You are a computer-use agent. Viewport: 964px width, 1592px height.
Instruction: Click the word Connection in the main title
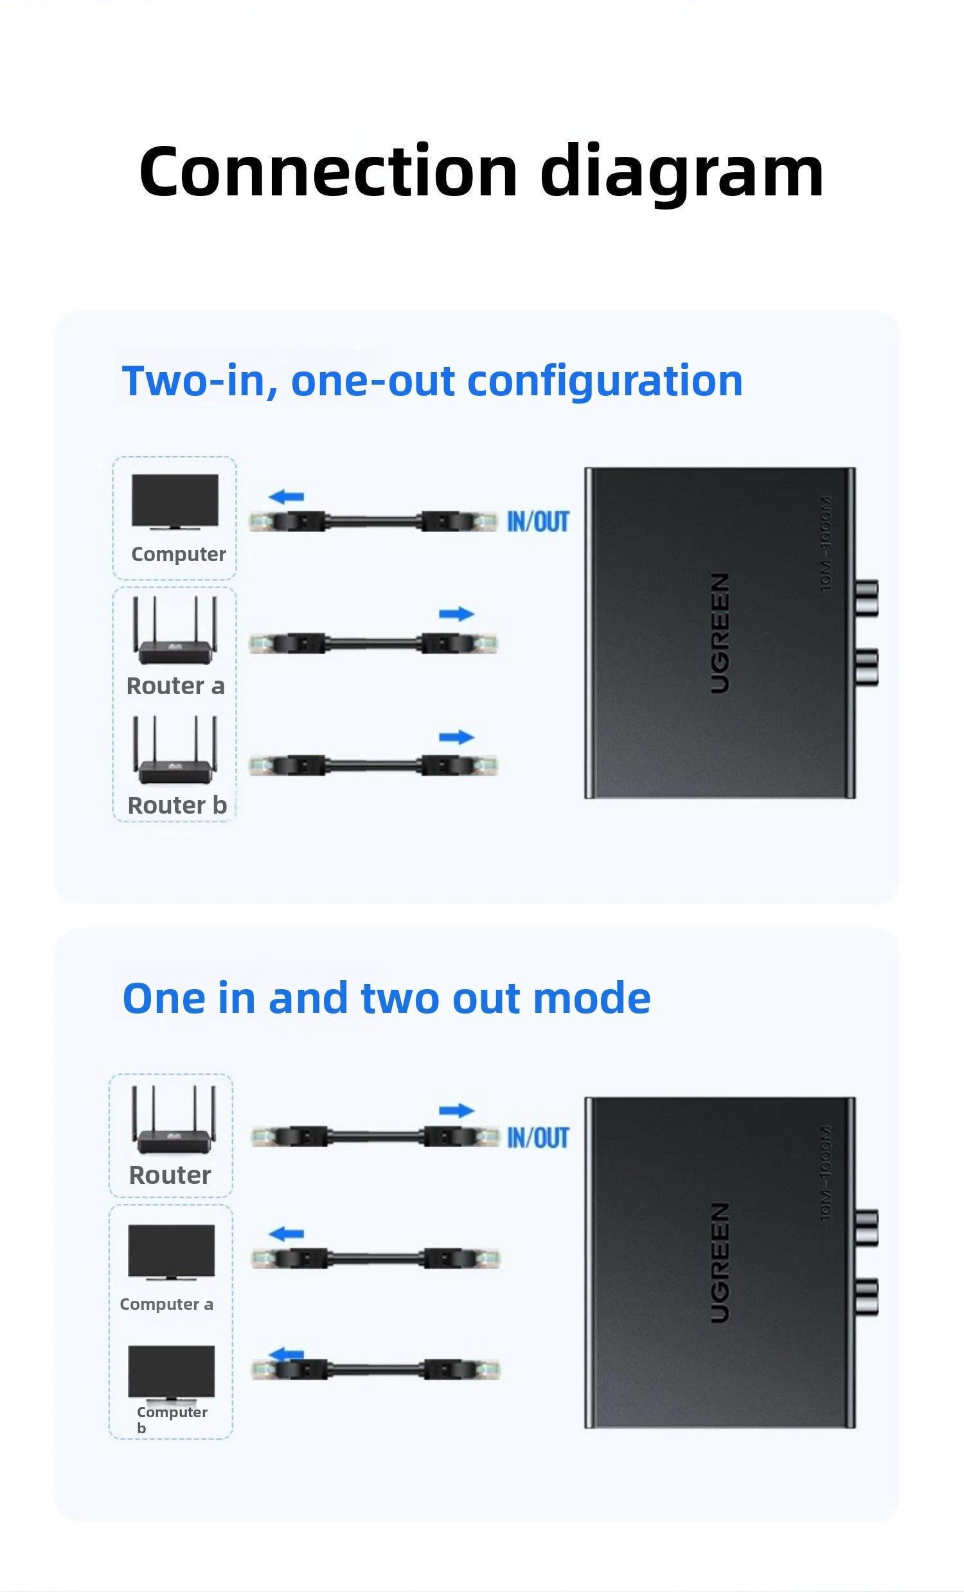click(x=328, y=170)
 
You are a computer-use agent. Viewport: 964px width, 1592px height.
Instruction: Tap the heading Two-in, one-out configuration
click(x=433, y=380)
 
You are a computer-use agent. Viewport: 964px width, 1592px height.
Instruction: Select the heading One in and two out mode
click(x=386, y=997)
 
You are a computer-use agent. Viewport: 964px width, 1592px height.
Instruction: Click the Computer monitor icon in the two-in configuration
click(x=175, y=502)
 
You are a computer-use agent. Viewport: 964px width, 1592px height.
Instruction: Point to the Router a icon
click(x=175, y=630)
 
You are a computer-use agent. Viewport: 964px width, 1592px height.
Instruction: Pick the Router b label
click(x=177, y=805)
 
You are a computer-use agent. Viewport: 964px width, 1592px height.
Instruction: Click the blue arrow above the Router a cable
click(x=457, y=614)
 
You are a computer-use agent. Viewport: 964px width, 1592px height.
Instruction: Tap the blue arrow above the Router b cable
click(x=457, y=737)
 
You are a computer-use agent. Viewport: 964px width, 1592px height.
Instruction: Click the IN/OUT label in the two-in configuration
click(x=537, y=521)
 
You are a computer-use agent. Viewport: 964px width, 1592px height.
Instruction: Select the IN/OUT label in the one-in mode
click(x=537, y=1138)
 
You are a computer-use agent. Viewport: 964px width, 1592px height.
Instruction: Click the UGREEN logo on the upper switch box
click(x=720, y=632)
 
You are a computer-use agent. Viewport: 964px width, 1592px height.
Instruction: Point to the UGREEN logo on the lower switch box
click(x=720, y=1262)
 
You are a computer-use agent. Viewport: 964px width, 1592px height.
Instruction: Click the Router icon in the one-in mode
click(x=174, y=1120)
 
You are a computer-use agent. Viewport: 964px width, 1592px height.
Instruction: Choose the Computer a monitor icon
click(x=171, y=1252)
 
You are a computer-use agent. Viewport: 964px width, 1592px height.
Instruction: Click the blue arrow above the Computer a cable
click(x=286, y=1234)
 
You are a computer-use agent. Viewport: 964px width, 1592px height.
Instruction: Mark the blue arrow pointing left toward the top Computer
click(x=286, y=497)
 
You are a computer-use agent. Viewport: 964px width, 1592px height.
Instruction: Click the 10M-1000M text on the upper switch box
click(x=825, y=543)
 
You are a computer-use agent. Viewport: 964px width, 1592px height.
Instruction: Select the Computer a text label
click(x=166, y=1304)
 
